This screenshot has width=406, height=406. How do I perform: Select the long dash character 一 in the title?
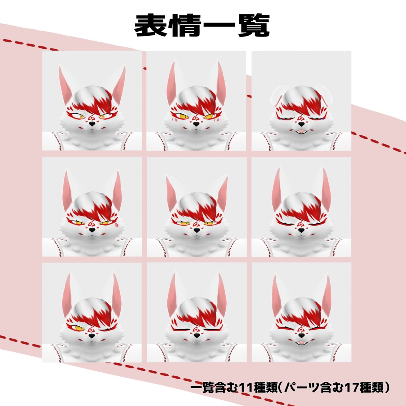pyautogui.click(x=220, y=25)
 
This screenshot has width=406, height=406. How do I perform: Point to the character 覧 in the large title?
pyautogui.click(x=254, y=25)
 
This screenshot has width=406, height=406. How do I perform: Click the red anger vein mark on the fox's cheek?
pyautogui.click(x=117, y=225)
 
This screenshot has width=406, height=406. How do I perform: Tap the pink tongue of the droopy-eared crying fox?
pyautogui.click(x=301, y=131)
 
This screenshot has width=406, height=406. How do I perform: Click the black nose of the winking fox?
pyautogui.click(x=92, y=336)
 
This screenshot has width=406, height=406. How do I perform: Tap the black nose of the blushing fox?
pyautogui.click(x=196, y=124)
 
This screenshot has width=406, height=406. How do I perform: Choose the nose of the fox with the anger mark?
pyautogui.click(x=92, y=230)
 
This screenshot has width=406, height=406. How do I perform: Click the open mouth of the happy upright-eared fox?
pyautogui.click(x=301, y=343)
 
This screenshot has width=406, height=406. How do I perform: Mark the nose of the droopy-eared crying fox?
pyautogui.click(x=301, y=124)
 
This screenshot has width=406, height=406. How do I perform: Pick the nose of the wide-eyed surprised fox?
pyautogui.click(x=92, y=124)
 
